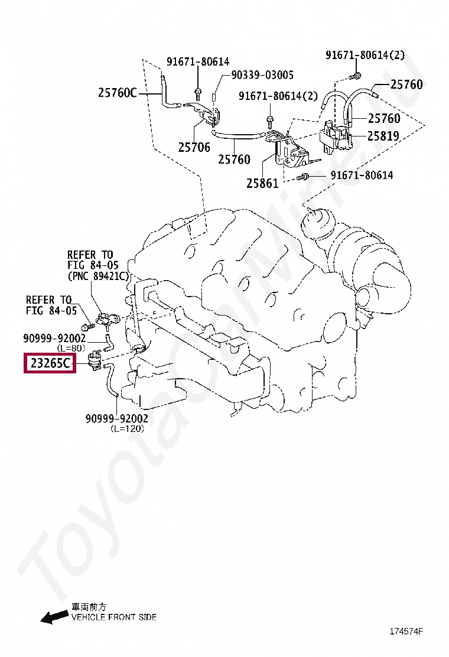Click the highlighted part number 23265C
(x=50, y=363)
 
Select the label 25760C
(x=117, y=92)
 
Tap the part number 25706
(x=194, y=147)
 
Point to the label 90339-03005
(x=262, y=75)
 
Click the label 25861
(x=262, y=183)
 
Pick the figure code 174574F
(x=406, y=632)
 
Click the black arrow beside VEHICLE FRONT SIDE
(x=54, y=617)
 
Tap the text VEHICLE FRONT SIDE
(x=114, y=617)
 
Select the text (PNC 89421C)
(x=99, y=276)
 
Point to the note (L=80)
(x=71, y=348)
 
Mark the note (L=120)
(x=127, y=428)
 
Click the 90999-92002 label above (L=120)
(x=118, y=419)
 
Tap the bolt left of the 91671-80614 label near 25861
(x=302, y=176)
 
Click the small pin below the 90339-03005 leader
(x=214, y=97)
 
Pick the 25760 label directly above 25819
(x=383, y=118)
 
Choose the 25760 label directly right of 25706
(x=234, y=160)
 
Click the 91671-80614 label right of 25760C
(x=197, y=61)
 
